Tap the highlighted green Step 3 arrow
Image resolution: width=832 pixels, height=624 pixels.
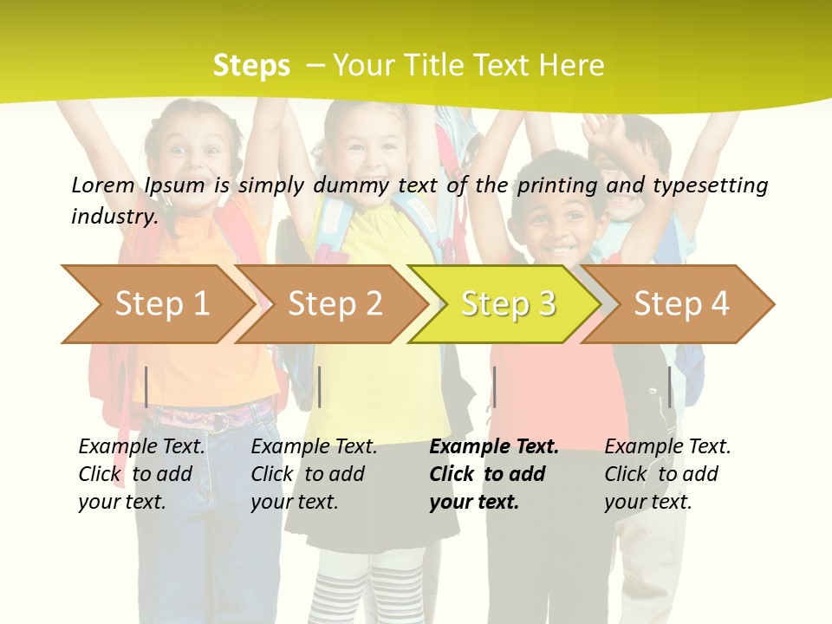click(508, 304)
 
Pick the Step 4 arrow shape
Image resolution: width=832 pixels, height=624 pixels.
click(681, 304)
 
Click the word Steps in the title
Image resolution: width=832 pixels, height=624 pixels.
click(251, 66)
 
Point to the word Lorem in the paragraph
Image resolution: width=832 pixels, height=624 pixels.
click(103, 185)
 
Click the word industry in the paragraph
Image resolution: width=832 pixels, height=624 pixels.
click(114, 216)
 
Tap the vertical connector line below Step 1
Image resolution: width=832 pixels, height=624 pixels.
click(146, 387)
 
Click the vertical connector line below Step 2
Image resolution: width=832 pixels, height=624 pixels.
click(320, 387)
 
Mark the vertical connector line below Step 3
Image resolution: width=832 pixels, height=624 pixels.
click(494, 387)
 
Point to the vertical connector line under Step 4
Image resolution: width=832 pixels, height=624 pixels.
click(669, 387)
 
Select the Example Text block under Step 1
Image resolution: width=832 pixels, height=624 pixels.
click(141, 474)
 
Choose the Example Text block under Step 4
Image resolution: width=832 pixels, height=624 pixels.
click(667, 474)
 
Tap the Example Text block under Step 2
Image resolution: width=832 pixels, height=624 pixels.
click(314, 474)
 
